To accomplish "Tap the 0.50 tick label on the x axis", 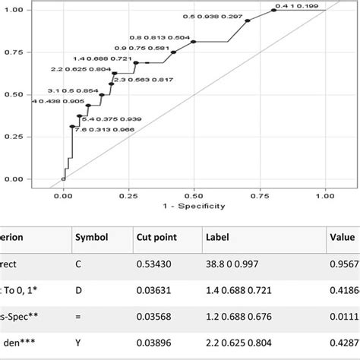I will (194, 194).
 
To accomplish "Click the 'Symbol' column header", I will (90, 238).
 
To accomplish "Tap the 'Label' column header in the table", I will (218, 238).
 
